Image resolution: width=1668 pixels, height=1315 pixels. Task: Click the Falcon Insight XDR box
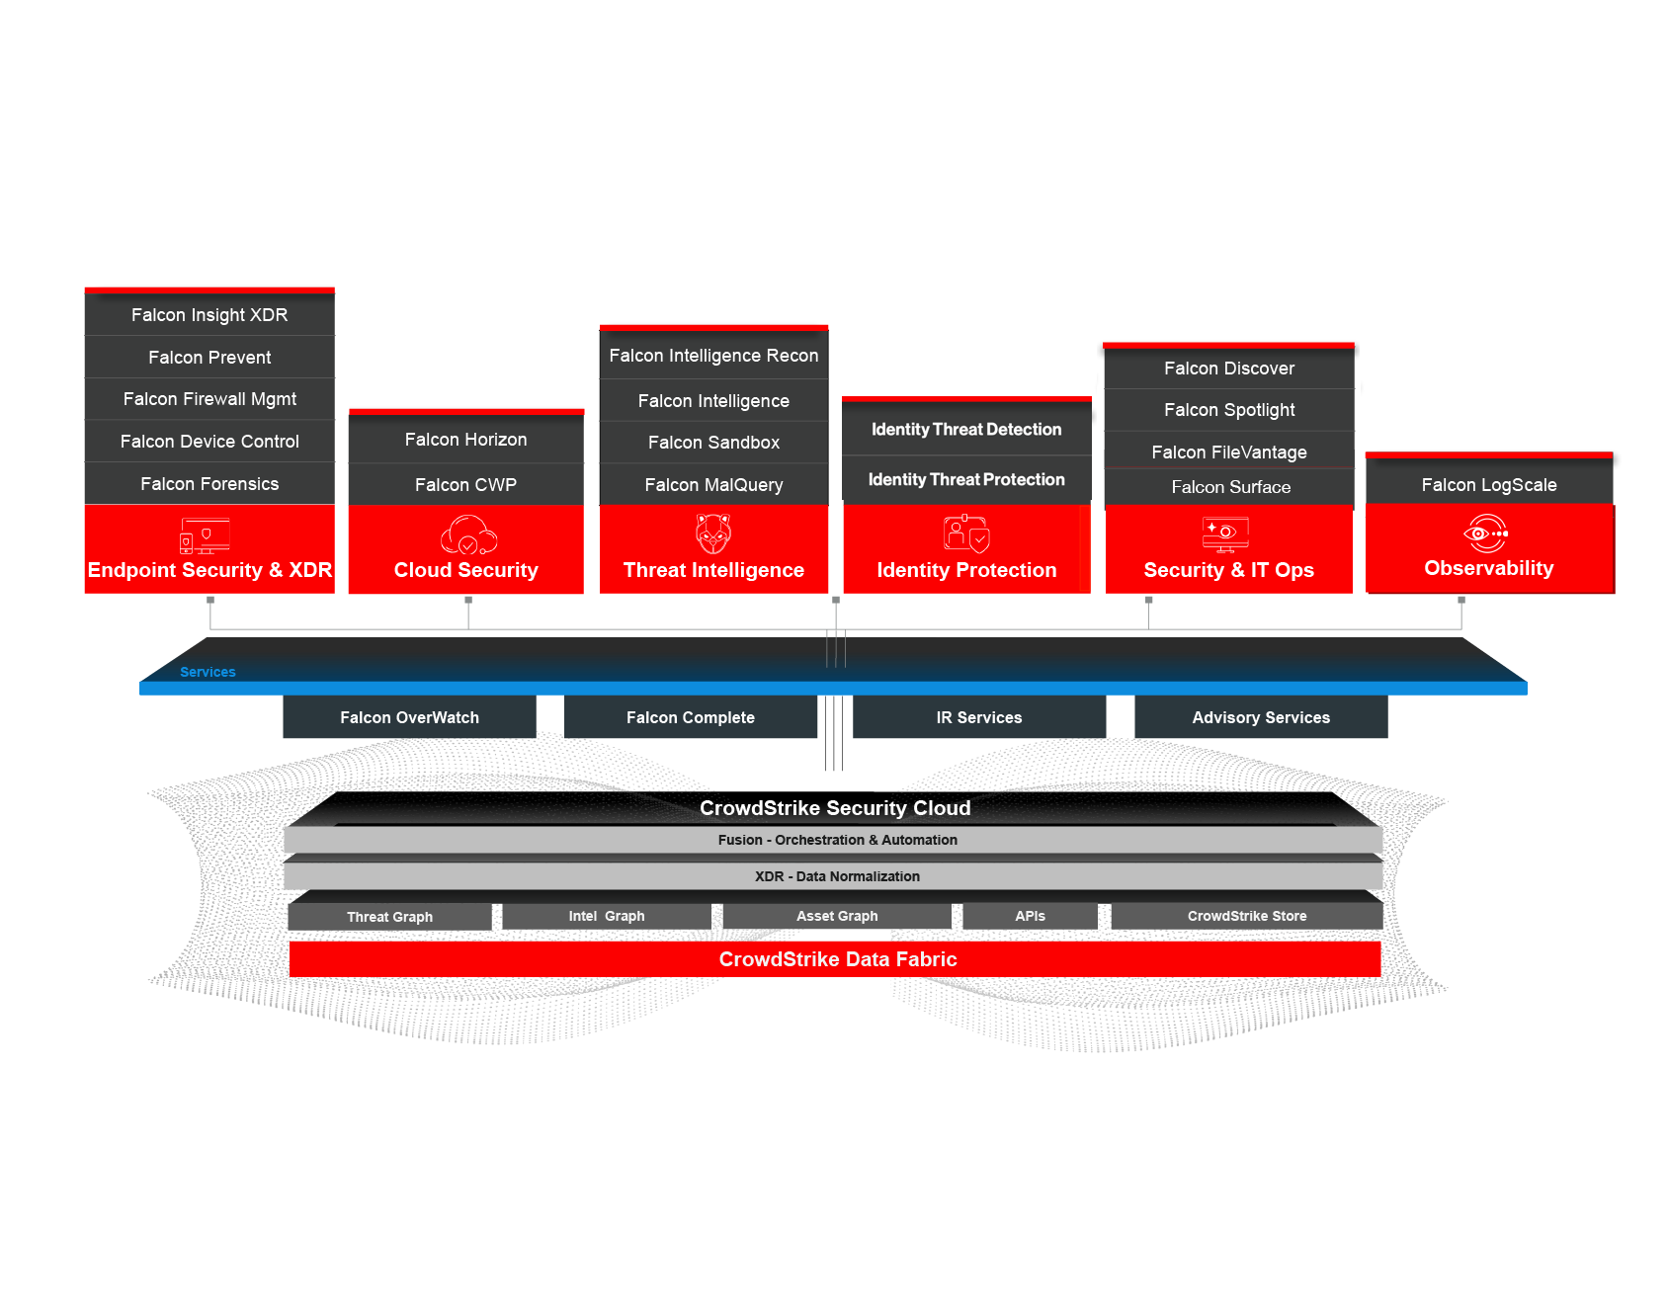209,315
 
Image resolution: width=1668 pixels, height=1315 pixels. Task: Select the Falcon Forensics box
209,484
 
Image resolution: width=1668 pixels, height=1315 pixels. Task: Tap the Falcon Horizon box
465,440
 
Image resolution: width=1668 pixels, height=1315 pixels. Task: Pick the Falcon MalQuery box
713,485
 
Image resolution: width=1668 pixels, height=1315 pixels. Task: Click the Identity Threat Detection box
966,430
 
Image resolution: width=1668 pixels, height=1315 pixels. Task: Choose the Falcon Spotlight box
1228,410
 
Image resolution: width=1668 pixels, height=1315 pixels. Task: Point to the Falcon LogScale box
1488,485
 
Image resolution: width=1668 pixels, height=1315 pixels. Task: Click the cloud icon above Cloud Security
467,534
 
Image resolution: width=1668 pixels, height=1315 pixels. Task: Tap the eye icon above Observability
1485,534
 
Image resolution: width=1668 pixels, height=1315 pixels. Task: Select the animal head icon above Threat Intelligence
713,534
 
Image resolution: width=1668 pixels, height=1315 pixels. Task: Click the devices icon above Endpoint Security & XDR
205,535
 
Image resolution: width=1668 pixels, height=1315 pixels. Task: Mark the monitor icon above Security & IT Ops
1225,534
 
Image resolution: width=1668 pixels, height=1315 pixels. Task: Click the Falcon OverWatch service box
409,718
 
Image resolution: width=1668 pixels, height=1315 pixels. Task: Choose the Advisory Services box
1261,718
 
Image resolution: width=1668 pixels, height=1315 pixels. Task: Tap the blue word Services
208,672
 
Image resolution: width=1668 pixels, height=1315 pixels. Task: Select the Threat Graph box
389,917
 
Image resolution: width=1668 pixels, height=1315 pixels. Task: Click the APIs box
1030,916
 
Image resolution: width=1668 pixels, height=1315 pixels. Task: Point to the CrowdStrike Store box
1246,916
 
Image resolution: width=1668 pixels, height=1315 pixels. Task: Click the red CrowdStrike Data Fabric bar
836,959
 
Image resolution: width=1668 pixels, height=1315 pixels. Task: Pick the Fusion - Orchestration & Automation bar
836,840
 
